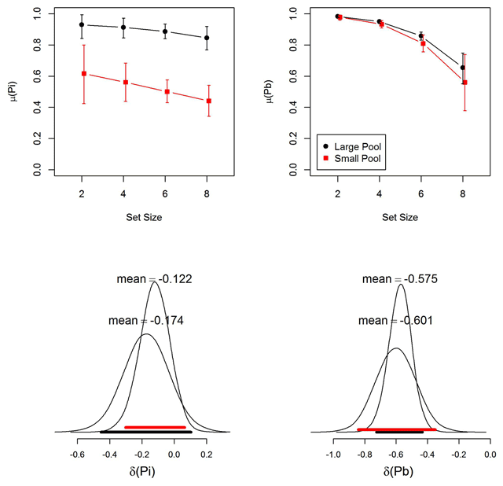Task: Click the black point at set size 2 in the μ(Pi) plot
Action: point(82,24)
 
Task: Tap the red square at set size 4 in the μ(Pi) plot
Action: point(124,82)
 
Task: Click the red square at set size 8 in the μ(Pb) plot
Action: point(465,83)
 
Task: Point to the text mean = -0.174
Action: point(146,321)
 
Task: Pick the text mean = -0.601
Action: point(395,321)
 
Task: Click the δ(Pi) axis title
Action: point(142,472)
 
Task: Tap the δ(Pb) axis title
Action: point(399,472)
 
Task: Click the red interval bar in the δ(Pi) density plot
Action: point(154,427)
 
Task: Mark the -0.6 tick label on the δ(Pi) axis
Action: point(78,454)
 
